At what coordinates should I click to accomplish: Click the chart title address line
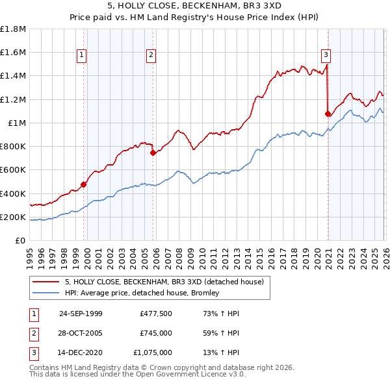(195, 6)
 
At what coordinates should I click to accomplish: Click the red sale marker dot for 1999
(84, 184)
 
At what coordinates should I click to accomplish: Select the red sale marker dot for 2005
(153, 153)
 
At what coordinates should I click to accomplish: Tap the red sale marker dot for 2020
(328, 114)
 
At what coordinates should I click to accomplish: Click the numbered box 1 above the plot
(82, 56)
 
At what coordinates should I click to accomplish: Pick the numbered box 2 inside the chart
(150, 56)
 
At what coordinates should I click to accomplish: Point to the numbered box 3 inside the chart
(326, 56)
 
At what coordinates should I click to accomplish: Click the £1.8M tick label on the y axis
(14, 29)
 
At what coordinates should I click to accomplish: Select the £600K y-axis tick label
(14, 170)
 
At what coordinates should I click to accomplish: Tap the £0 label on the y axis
(20, 241)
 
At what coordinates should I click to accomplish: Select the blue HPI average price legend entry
(143, 293)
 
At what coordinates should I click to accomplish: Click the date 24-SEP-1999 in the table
(81, 314)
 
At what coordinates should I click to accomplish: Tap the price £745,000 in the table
(155, 333)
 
